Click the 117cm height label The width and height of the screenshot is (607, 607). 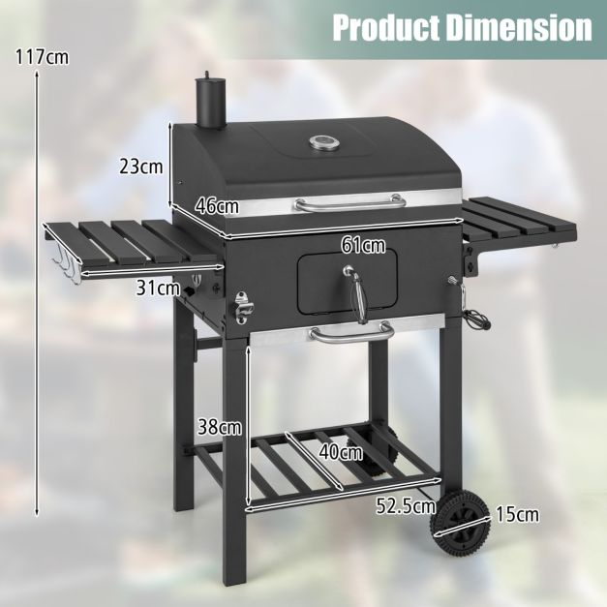(x=43, y=56)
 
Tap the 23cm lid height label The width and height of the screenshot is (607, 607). (x=140, y=166)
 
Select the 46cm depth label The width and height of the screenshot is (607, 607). (x=216, y=206)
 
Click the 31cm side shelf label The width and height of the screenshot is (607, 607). (x=158, y=287)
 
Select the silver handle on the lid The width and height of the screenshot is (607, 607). (x=349, y=205)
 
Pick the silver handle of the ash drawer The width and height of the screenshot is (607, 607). (x=351, y=335)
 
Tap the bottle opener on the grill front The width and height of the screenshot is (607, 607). (x=242, y=309)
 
